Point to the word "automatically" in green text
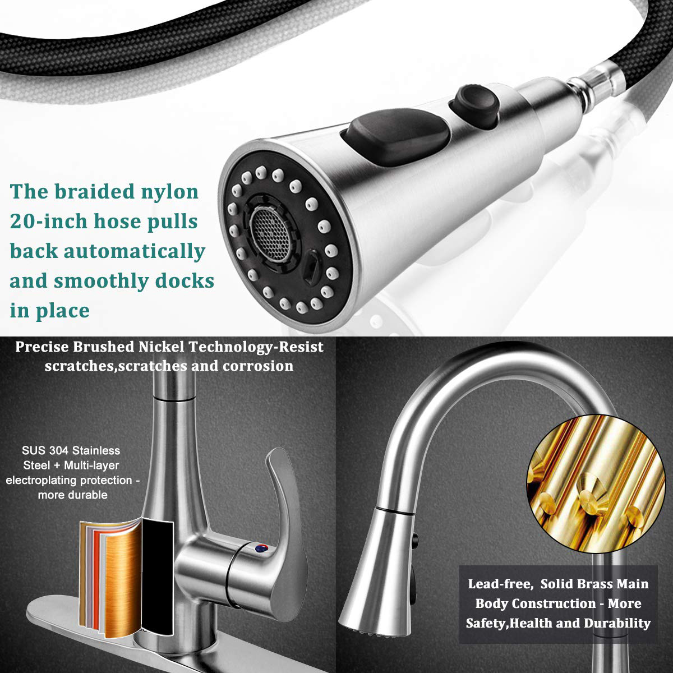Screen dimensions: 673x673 135,252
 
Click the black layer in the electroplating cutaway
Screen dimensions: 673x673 158,577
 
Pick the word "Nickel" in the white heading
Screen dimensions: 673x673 161,347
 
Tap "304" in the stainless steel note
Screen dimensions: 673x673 59,450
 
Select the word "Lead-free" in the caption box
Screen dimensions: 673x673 500,584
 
